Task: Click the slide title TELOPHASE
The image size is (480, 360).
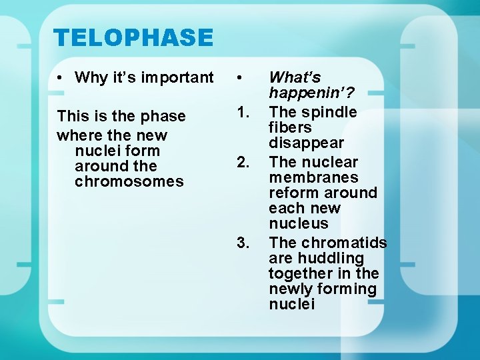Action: (x=133, y=37)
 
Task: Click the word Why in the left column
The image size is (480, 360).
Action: (x=90, y=77)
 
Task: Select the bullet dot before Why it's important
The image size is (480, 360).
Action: (x=60, y=78)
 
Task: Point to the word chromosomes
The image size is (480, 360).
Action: (x=129, y=181)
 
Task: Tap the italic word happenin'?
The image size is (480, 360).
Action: (x=311, y=93)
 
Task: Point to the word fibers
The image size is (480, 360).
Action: (x=290, y=127)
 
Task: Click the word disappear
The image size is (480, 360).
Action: (x=306, y=143)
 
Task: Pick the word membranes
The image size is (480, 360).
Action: (x=313, y=177)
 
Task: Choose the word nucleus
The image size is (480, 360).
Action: (x=299, y=223)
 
